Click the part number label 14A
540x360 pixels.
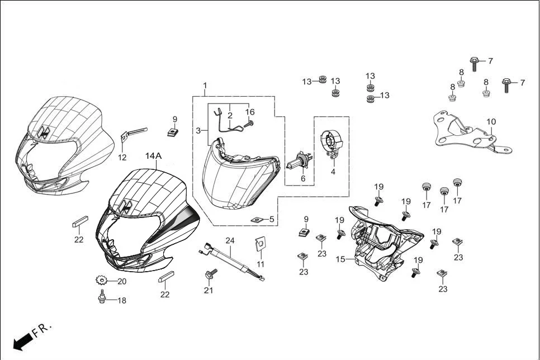click(x=153, y=156)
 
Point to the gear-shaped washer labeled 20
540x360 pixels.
click(x=101, y=280)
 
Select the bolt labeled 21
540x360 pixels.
click(x=211, y=274)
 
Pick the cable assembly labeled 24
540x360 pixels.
click(x=229, y=259)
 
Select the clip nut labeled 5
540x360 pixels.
click(x=257, y=219)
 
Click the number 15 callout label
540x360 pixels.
click(x=340, y=259)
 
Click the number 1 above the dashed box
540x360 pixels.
click(x=205, y=86)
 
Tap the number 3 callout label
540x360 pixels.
click(x=198, y=130)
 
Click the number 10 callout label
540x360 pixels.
click(x=491, y=121)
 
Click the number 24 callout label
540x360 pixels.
click(x=229, y=240)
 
